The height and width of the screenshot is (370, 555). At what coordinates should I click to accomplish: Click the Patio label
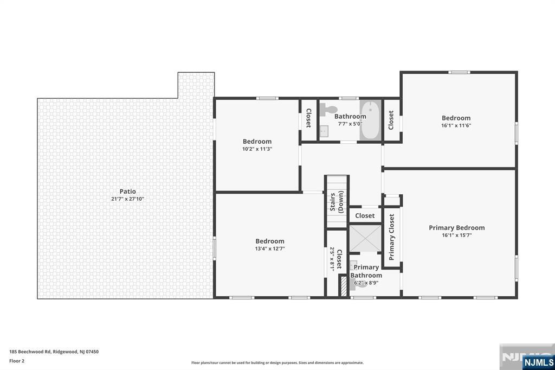click(128, 192)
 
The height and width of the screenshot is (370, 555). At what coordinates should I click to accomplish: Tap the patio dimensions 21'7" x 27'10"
click(128, 199)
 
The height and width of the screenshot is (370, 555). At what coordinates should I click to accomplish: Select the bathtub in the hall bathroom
click(371, 120)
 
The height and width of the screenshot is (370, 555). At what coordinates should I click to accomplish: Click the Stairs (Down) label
click(337, 202)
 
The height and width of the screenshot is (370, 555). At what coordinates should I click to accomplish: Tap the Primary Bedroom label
click(456, 228)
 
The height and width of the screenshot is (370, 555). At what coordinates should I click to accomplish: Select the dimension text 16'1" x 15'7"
click(456, 235)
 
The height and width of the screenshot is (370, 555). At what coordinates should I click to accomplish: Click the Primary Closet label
click(392, 237)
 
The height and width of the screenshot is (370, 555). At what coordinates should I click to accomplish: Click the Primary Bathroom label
click(367, 271)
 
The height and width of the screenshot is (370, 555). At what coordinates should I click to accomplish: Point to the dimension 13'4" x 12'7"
click(270, 249)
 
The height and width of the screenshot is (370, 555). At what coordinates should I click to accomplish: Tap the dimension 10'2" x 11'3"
click(257, 149)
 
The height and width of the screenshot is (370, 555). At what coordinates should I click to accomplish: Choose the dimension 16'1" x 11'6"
click(456, 125)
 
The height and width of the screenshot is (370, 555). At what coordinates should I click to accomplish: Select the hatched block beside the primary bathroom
click(343, 285)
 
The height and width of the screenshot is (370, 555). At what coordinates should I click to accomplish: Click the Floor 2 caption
click(17, 361)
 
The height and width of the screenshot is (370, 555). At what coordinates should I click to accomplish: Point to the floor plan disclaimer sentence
click(277, 363)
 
